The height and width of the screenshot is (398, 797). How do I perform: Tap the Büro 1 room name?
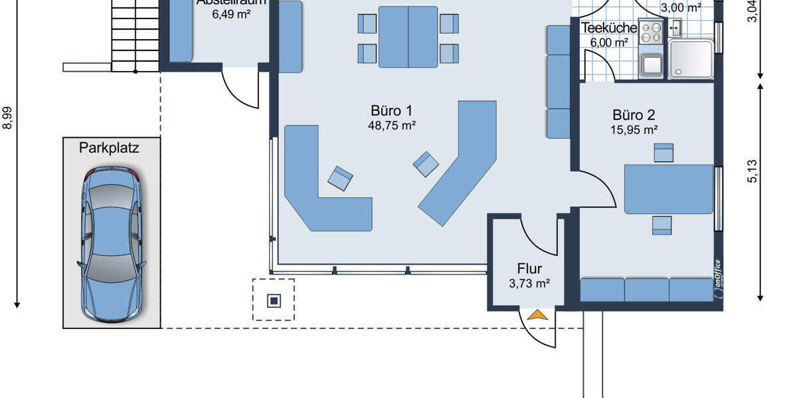coord(392,110)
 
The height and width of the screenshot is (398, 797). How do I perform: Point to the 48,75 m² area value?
coord(392,125)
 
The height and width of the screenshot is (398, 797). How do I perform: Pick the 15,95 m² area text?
coord(634,130)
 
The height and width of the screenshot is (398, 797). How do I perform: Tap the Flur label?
coord(529,269)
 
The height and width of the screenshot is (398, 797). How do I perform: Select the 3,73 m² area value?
coord(529,283)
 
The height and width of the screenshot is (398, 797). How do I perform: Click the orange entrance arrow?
coord(537,315)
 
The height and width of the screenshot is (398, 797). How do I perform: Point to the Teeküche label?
coord(609,29)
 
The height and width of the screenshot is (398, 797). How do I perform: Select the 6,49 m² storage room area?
coord(230,14)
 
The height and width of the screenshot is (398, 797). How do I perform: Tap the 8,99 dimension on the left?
coord(8,118)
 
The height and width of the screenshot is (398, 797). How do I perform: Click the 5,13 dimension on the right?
coord(752,171)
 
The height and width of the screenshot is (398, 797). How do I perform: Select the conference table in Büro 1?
coord(408,36)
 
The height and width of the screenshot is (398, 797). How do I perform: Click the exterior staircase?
coord(135,33)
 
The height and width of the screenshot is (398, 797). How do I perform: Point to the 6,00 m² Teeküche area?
coord(609,42)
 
